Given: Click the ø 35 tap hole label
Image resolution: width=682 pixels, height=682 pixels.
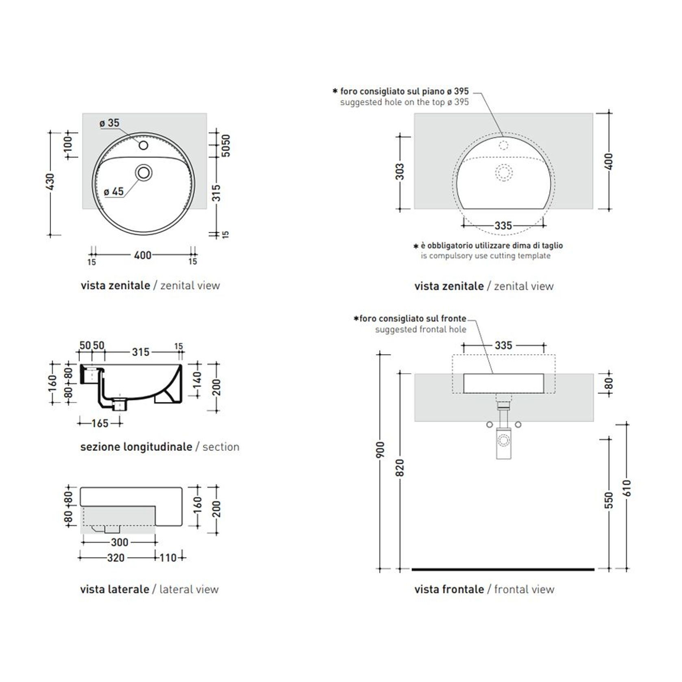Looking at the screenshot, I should coord(109,123).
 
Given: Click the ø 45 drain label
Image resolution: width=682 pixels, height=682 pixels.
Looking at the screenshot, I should coord(114,191).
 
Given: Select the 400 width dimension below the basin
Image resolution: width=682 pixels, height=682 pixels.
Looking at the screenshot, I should coord(142,255).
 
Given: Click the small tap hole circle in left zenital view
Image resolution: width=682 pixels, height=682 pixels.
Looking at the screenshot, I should coord(143,145).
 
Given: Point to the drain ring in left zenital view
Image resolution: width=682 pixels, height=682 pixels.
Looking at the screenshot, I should coord(144,173).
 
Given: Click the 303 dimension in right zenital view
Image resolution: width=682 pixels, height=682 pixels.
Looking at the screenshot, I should coord(400,171).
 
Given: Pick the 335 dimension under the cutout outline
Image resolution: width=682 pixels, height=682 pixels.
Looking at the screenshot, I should coord(503,225).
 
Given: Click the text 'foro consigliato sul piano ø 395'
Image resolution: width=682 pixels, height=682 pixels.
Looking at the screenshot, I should coord(404,91).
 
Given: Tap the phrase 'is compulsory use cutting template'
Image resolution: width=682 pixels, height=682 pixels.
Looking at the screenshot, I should coord(485,256).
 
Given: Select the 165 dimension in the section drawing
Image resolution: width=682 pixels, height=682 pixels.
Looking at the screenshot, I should coord(100,423).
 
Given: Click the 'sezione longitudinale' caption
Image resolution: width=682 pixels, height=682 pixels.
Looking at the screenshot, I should coord(136,447).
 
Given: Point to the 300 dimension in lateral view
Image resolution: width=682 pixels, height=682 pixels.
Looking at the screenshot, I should coord(119,542).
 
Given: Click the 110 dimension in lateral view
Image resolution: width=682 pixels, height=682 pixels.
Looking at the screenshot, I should coord(168,557).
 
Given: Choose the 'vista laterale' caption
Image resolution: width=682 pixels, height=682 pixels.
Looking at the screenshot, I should coord(115,589).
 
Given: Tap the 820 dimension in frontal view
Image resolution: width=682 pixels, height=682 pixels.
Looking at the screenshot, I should coord(400,468).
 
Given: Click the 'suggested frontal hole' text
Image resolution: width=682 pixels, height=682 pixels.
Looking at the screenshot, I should coord(420,329).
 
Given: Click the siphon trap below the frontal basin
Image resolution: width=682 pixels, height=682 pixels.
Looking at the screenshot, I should coord(503,442).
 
